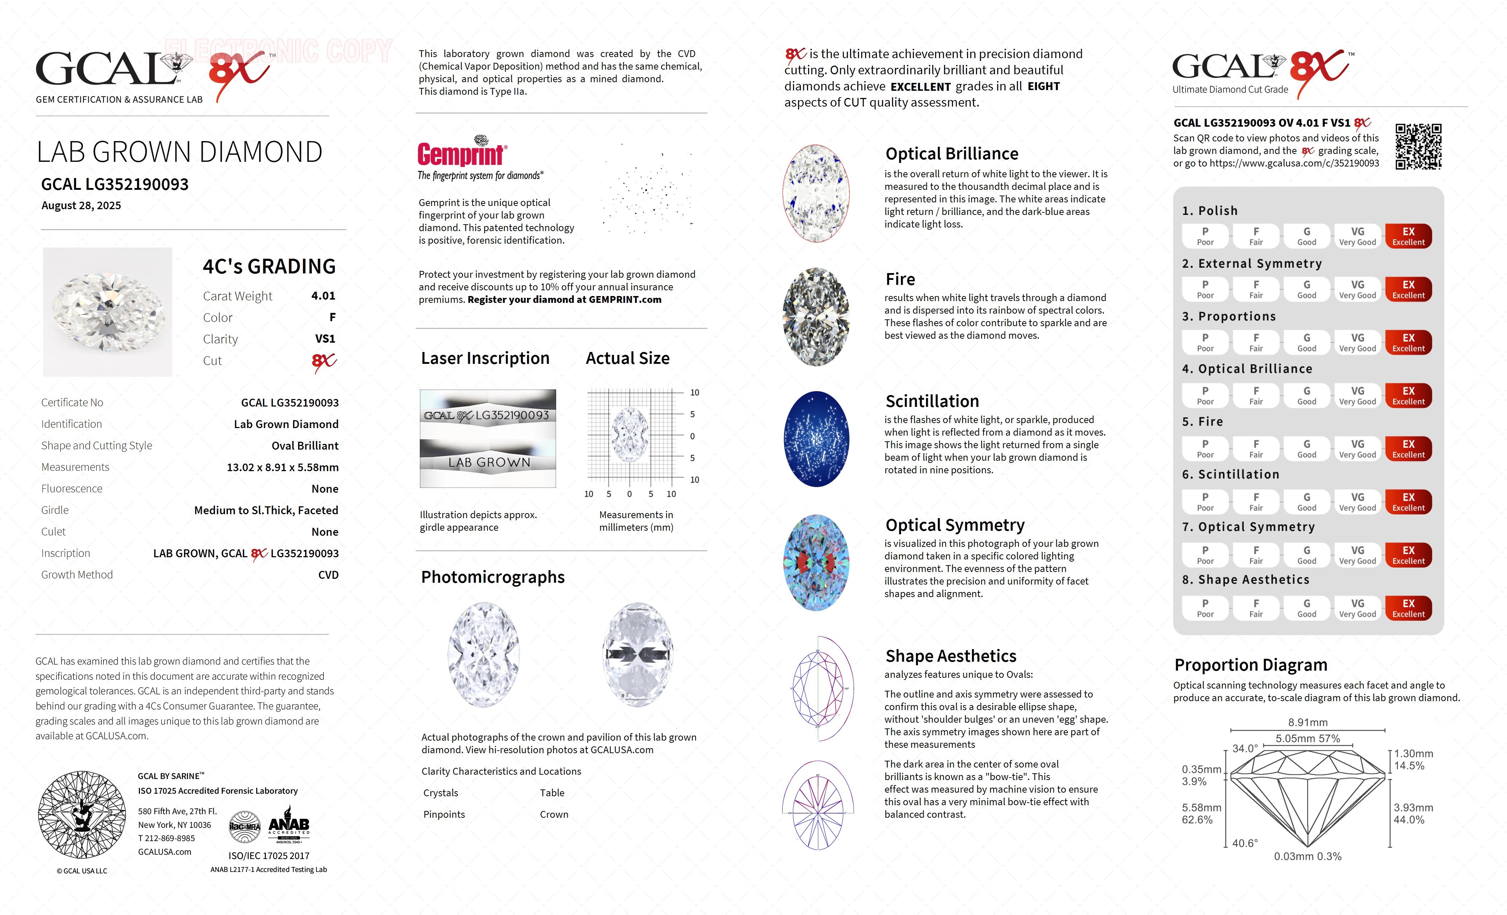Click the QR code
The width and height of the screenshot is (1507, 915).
click(1418, 147)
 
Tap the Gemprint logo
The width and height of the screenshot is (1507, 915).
click(462, 153)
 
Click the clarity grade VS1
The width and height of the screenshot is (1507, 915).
click(325, 339)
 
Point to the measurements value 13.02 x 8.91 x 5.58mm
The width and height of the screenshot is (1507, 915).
click(283, 467)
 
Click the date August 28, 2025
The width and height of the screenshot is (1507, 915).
click(81, 206)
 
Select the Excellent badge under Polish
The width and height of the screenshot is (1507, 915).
click(1408, 236)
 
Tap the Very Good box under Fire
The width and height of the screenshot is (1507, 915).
click(1357, 448)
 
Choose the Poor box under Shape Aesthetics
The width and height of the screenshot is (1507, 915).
click(1205, 608)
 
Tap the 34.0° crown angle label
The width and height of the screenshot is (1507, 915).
click(1245, 749)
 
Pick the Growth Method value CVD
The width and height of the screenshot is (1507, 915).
click(328, 575)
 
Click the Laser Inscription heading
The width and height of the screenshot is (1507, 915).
click(485, 358)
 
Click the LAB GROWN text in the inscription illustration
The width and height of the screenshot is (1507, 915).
click(489, 463)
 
